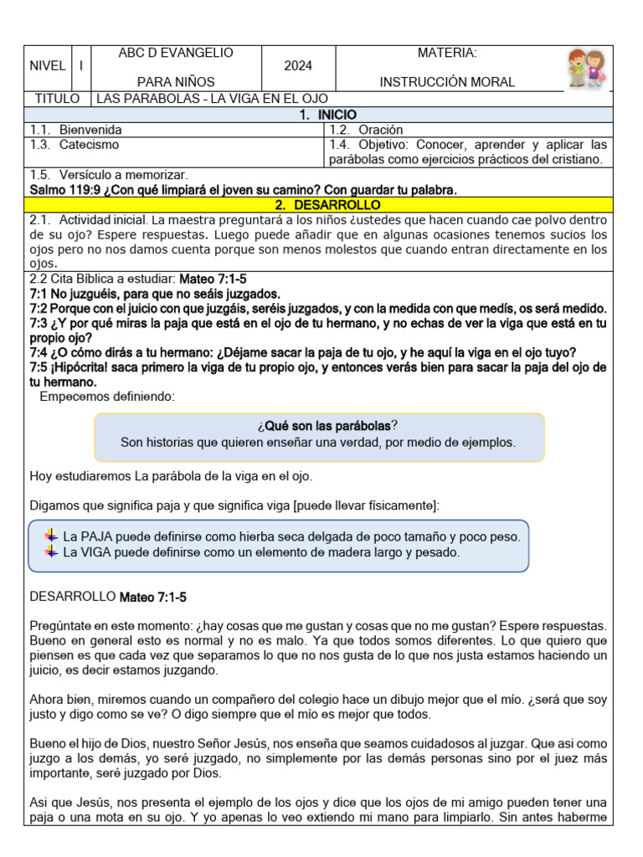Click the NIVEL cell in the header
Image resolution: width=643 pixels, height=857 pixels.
pyautogui.click(x=47, y=67)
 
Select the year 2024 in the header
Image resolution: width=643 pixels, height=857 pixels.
pyautogui.click(x=297, y=67)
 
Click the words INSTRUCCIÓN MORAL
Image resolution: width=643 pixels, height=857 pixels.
pyautogui.click(x=447, y=82)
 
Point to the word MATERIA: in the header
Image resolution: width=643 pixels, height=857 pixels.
pyautogui.click(x=447, y=53)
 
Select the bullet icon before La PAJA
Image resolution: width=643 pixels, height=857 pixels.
pyautogui.click(x=52, y=536)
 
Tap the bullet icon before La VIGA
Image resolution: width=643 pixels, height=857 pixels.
pyautogui.click(x=52, y=552)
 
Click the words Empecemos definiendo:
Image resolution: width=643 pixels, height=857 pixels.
pyautogui.click(x=107, y=397)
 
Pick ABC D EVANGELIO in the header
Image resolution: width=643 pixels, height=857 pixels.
pyautogui.click(x=176, y=53)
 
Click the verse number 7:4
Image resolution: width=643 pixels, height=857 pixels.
pyautogui.click(x=39, y=352)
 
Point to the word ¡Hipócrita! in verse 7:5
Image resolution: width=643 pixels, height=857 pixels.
pyautogui.click(x=85, y=367)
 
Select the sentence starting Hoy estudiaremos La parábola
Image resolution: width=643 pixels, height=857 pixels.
pyautogui.click(x=171, y=476)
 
